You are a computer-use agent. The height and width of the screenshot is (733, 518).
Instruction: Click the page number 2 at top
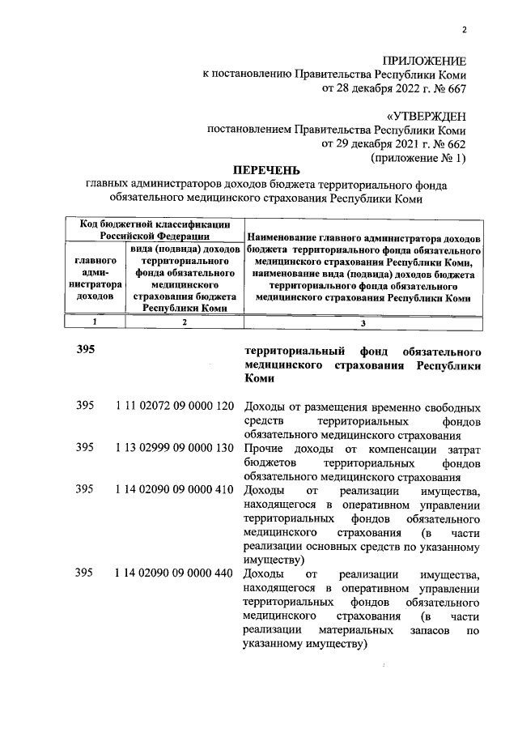pyautogui.click(x=465, y=31)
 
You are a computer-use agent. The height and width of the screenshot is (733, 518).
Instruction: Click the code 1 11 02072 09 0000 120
pyautogui.click(x=176, y=407)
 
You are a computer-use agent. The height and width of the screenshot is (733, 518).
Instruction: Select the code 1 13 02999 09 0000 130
pyautogui.click(x=176, y=447)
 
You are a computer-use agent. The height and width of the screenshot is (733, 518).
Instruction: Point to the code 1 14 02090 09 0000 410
pyautogui.click(x=176, y=488)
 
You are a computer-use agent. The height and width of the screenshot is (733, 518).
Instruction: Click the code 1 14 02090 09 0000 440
pyautogui.click(x=176, y=574)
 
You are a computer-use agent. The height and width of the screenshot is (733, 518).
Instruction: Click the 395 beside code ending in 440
pyautogui.click(x=85, y=574)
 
